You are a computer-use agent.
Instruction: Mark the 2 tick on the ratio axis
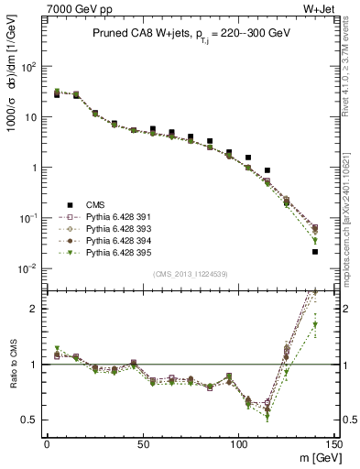click(37, 309)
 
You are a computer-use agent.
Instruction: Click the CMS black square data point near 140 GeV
click(315, 252)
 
